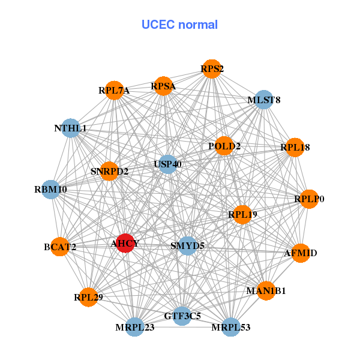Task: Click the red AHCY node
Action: (x=125, y=244)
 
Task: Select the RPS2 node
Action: (x=211, y=69)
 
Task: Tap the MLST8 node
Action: (x=264, y=100)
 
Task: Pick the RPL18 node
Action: (x=294, y=148)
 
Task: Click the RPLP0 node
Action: (x=308, y=199)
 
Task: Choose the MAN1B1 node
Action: (x=266, y=291)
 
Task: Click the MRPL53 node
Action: (x=230, y=327)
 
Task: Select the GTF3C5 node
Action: (x=182, y=316)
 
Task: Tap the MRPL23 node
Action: (x=135, y=327)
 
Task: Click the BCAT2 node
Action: (x=60, y=247)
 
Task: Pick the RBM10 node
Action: (x=51, y=190)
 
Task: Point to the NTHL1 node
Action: (x=71, y=128)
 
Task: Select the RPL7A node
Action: (x=114, y=91)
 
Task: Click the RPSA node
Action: (x=163, y=86)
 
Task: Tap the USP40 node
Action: (x=167, y=164)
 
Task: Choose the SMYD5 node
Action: (x=187, y=245)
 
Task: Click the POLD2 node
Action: (x=224, y=146)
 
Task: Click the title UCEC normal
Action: (x=179, y=25)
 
